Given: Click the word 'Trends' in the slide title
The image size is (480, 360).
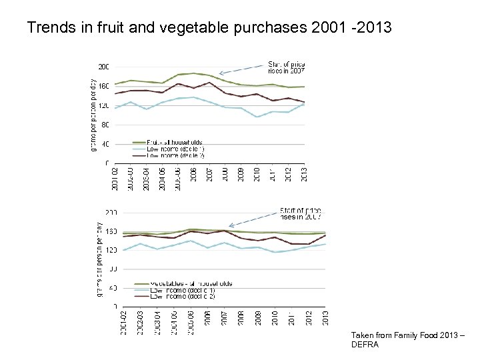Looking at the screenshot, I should pos(47,29).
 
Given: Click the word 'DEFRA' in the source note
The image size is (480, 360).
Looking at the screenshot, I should pos(364,345).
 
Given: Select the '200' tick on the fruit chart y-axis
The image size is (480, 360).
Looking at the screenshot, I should pos(104,67).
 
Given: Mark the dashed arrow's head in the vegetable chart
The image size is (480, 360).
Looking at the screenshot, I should pos(231,226).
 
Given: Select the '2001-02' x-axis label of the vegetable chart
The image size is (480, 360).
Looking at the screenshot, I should pos(124,323).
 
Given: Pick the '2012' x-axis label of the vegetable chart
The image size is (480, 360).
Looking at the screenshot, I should pos(309,319).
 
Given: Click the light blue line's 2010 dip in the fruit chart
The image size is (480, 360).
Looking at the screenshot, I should pos(256,117).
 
